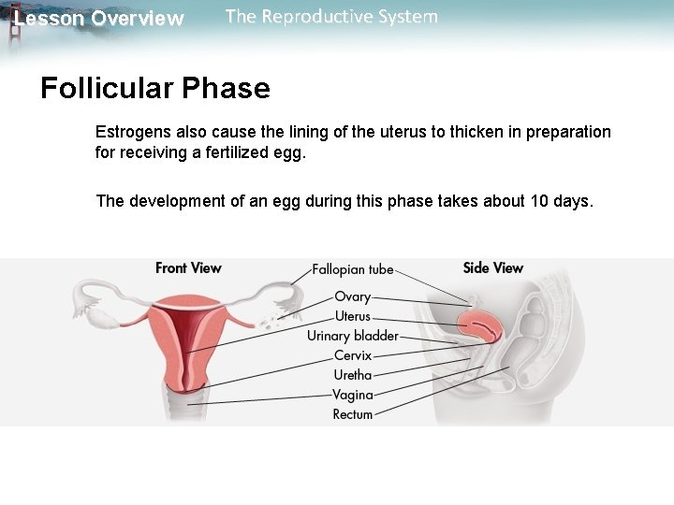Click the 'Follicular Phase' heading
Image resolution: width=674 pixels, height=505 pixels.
tap(155, 89)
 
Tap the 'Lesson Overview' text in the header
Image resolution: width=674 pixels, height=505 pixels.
tap(99, 19)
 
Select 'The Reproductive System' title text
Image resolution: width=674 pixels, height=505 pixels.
tap(331, 17)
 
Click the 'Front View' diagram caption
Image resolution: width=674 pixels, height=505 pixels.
tap(188, 268)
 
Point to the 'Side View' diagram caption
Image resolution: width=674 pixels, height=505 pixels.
tap(493, 268)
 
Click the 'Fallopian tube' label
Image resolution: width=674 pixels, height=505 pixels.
tap(353, 269)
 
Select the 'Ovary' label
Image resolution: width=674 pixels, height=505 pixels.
tap(353, 296)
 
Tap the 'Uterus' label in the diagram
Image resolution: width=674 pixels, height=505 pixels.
tap(353, 316)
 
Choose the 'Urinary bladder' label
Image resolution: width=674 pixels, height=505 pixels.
tap(353, 336)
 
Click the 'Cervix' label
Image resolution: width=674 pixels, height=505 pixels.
tap(353, 355)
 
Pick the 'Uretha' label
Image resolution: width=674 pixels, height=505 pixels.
tap(353, 375)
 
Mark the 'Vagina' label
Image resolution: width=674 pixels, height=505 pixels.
tap(353, 395)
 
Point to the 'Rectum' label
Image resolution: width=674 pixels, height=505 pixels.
tap(353, 414)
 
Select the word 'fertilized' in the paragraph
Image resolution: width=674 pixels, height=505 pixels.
tap(240, 152)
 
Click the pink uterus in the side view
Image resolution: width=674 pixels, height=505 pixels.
tap(481, 325)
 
